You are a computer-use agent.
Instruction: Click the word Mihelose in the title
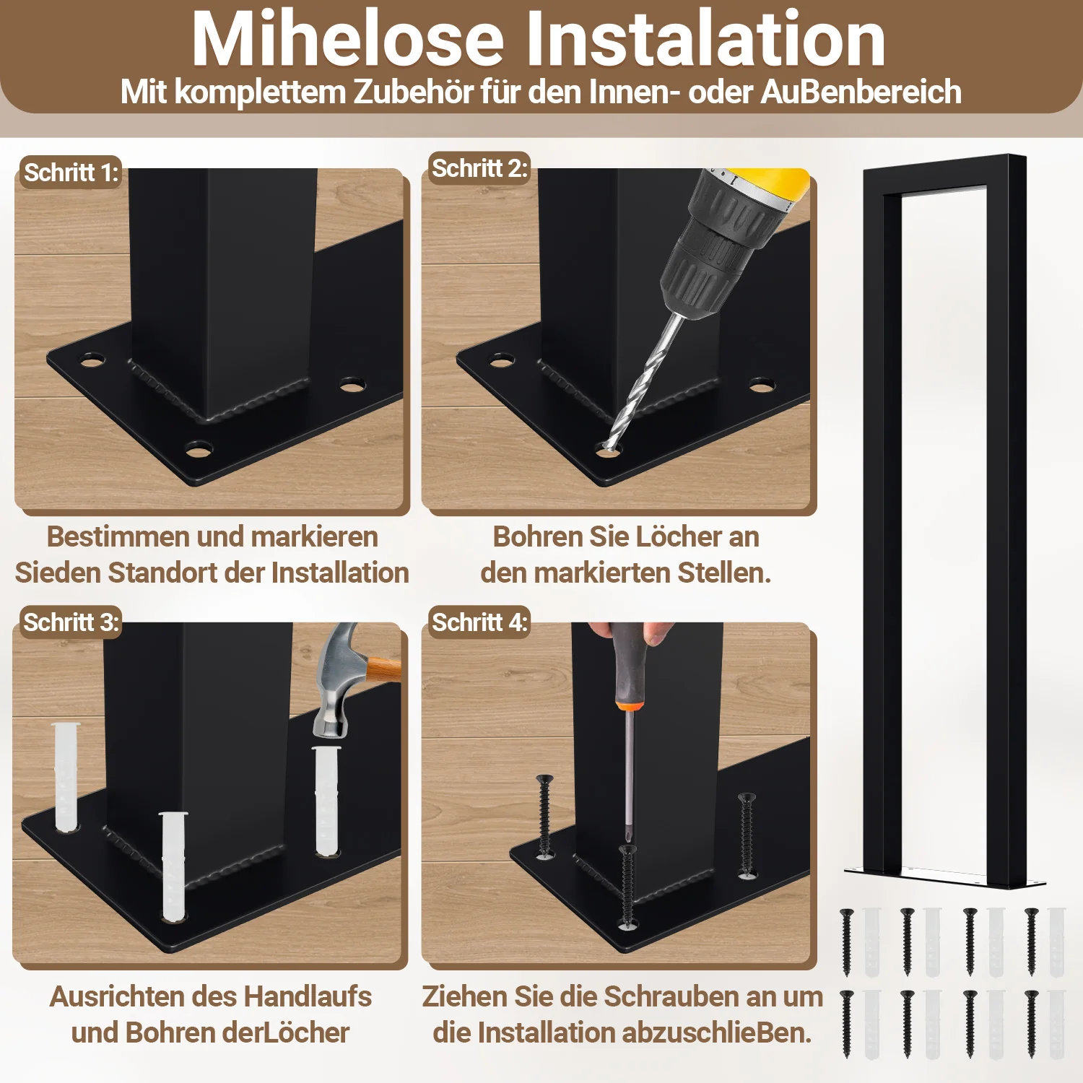347,39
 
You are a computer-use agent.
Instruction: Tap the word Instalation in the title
705,39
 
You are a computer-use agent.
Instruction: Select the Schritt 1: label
71,173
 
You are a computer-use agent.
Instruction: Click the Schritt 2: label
479,168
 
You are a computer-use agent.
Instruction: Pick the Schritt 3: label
71,622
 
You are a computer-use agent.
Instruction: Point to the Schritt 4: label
479,622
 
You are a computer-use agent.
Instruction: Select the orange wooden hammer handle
383,669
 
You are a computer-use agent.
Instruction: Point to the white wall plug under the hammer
326,801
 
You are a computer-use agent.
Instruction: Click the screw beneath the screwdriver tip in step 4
627,887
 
